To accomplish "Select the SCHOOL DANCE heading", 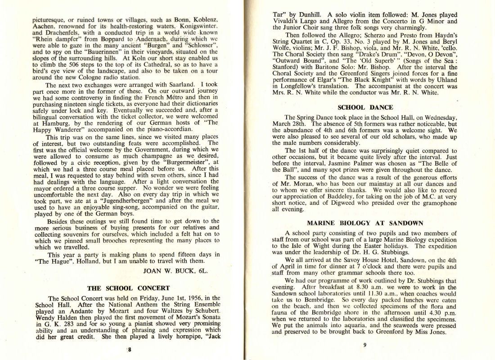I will (x=365, y=107).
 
